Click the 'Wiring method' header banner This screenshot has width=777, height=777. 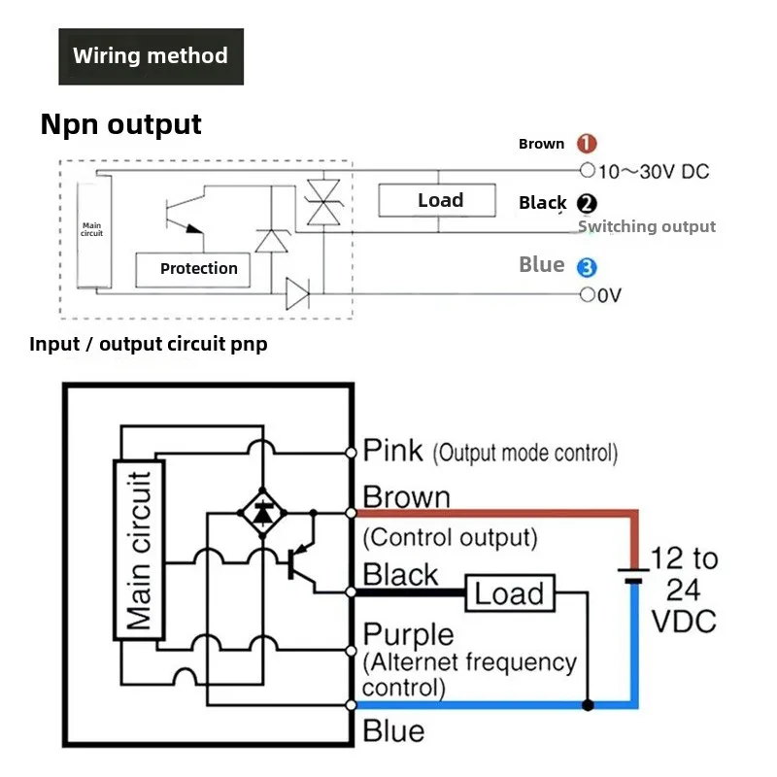tap(151, 56)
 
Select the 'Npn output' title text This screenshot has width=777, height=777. tap(121, 124)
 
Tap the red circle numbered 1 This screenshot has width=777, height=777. tap(587, 144)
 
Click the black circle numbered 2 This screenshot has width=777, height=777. tap(587, 204)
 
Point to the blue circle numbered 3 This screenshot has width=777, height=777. tap(586, 267)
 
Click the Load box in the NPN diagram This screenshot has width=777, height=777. tap(440, 201)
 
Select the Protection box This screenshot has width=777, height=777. tap(198, 269)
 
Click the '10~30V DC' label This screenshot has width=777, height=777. tap(654, 172)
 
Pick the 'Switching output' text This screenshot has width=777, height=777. tap(647, 227)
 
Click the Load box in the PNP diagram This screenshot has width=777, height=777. tap(509, 592)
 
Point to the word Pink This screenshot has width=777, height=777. tap(392, 451)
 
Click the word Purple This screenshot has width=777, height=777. tap(408, 635)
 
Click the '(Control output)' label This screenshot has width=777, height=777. tap(450, 537)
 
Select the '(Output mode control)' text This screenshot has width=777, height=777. tap(524, 453)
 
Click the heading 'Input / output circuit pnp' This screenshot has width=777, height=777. tap(149, 344)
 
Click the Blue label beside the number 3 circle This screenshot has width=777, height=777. tap(542, 265)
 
